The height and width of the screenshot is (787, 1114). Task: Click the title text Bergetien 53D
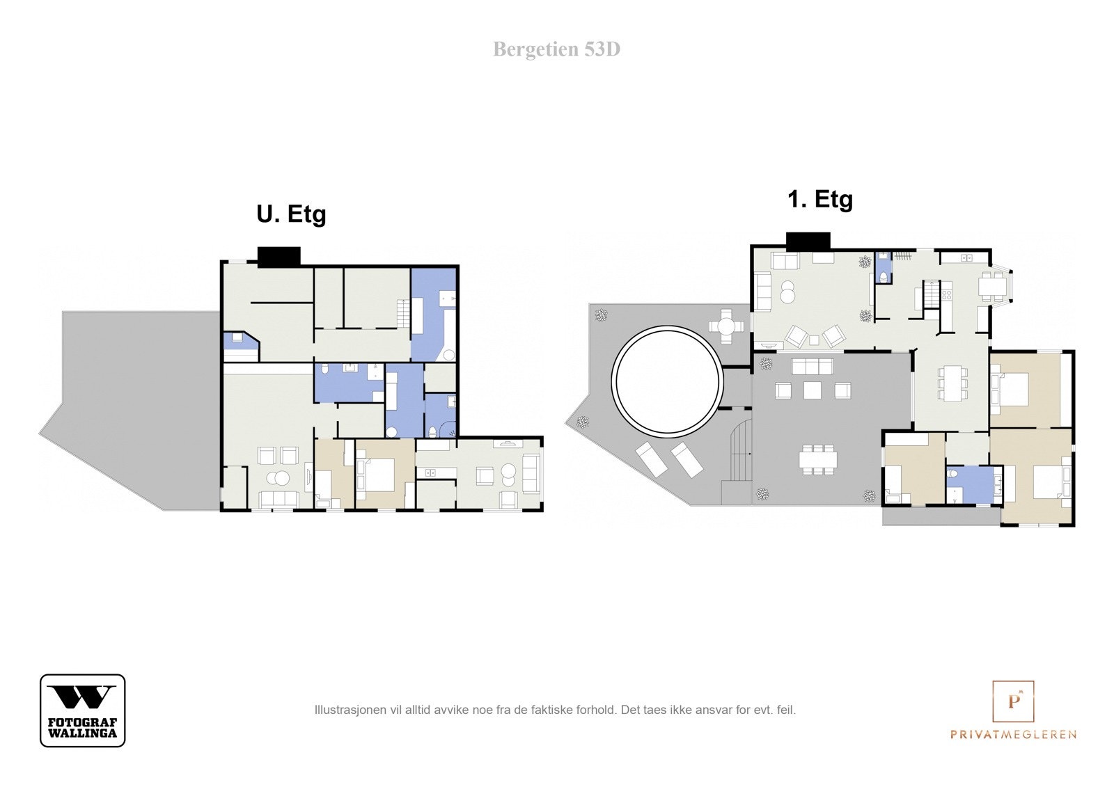[556, 49]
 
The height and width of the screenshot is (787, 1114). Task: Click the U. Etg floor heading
[292, 214]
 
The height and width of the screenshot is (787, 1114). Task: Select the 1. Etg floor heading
[820, 200]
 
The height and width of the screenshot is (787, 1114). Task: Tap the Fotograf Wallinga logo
[83, 710]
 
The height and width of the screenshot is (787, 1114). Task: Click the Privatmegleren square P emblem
[1013, 701]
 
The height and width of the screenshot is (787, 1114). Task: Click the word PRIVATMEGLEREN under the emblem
[1013, 734]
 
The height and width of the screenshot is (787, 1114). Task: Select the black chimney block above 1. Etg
[808, 241]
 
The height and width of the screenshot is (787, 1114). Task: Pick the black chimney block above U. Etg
[279, 257]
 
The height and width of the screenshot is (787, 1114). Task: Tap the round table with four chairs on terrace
[727, 326]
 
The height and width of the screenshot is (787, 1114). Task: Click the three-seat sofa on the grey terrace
[813, 367]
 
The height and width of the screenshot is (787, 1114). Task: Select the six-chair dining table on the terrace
[818, 460]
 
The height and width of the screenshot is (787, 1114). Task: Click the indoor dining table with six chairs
[952, 383]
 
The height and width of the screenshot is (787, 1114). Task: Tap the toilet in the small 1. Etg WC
[884, 277]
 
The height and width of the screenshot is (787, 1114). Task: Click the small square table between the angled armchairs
[814, 340]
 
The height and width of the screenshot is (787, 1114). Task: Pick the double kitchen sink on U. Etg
[431, 472]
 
